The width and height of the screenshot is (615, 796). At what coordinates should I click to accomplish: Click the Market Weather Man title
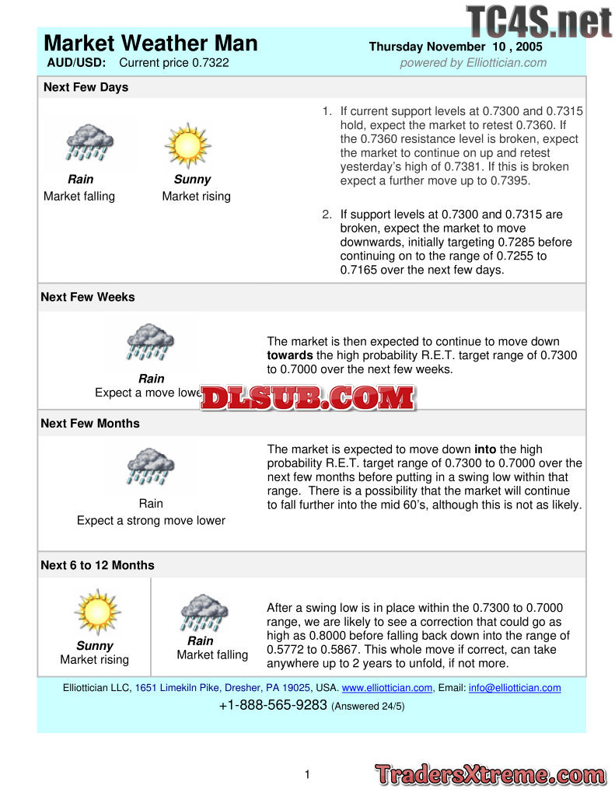click(x=151, y=43)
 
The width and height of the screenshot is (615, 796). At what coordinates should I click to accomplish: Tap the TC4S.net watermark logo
click(x=539, y=21)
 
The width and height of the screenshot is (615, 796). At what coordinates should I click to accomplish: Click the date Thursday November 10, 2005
click(x=456, y=47)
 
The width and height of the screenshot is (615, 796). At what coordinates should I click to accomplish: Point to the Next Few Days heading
click(x=86, y=87)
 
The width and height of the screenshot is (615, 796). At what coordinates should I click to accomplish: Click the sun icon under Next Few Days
click(x=187, y=145)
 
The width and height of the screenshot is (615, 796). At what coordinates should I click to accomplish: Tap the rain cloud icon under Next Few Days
click(x=89, y=143)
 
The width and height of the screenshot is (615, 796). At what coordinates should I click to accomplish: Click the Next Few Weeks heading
click(x=87, y=297)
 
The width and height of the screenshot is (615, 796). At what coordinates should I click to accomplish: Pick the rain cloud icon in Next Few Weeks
click(x=150, y=343)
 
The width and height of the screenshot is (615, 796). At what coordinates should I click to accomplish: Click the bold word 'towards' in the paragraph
click(x=291, y=355)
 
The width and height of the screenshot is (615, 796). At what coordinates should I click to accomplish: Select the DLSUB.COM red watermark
click(x=308, y=398)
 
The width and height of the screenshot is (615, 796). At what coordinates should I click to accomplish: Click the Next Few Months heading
click(x=90, y=423)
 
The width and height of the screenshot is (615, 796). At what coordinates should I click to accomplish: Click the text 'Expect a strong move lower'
click(x=151, y=520)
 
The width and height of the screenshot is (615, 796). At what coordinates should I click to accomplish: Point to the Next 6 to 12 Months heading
click(x=97, y=565)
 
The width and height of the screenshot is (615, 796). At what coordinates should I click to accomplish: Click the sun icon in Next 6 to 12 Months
click(x=97, y=611)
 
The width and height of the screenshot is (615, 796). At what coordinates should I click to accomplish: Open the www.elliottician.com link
click(x=387, y=688)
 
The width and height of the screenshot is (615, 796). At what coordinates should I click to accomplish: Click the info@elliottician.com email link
click(x=514, y=688)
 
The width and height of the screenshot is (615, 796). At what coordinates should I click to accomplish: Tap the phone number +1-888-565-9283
click(x=273, y=706)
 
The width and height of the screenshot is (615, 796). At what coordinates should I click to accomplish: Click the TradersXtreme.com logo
click(x=490, y=774)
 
